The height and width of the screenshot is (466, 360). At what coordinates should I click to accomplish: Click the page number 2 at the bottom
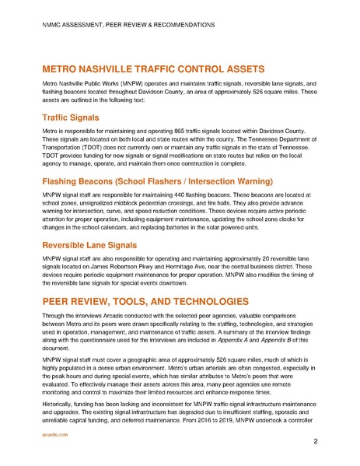tap(316, 442)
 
